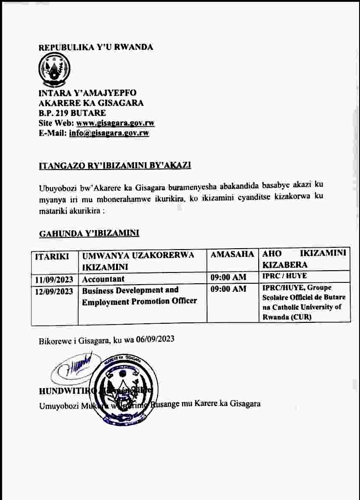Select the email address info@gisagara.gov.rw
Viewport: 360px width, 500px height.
[x=109, y=133]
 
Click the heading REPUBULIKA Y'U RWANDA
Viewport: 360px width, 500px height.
[x=96, y=47]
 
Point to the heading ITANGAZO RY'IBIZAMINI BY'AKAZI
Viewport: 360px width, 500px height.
[x=115, y=166]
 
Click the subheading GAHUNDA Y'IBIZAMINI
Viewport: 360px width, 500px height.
[x=89, y=233]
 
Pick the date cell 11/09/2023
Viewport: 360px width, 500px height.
[x=54, y=279]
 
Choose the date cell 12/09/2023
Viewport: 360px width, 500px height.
[x=54, y=291]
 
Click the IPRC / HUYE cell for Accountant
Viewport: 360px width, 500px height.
[x=284, y=276]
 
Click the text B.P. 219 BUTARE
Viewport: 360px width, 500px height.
[x=72, y=113]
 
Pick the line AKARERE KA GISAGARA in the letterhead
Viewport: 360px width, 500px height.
[x=91, y=103]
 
